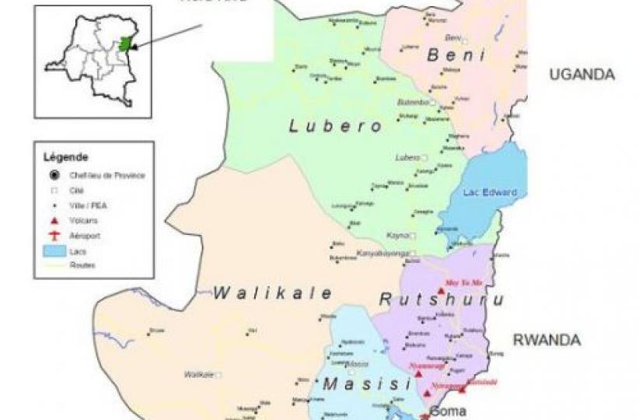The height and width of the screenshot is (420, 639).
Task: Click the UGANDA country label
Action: click(582, 75)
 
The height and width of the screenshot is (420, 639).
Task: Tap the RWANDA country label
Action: click(546, 340)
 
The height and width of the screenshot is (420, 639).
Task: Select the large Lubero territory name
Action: click(336, 126)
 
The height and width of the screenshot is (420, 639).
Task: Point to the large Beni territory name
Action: click(456, 55)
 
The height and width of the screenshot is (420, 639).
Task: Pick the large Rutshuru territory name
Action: click(441, 299)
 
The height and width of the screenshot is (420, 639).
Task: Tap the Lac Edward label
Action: click(489, 192)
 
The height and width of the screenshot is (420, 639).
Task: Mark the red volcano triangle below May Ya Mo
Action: click(441, 291)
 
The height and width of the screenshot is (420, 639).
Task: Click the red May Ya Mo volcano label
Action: click(463, 282)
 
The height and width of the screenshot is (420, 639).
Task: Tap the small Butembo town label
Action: click(413, 101)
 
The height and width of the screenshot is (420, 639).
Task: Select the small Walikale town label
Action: click(198, 374)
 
